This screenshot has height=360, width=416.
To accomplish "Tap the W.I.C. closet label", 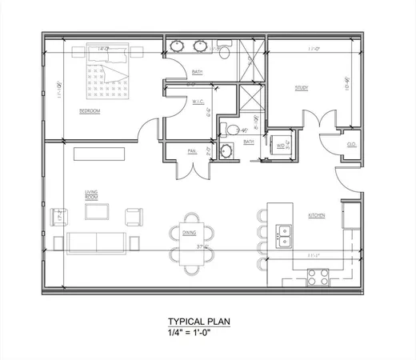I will click(x=200, y=101).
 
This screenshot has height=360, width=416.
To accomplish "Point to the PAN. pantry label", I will click(x=192, y=150).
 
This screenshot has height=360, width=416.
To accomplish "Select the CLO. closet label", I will click(x=351, y=145).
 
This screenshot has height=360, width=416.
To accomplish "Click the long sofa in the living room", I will click(x=95, y=242).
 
